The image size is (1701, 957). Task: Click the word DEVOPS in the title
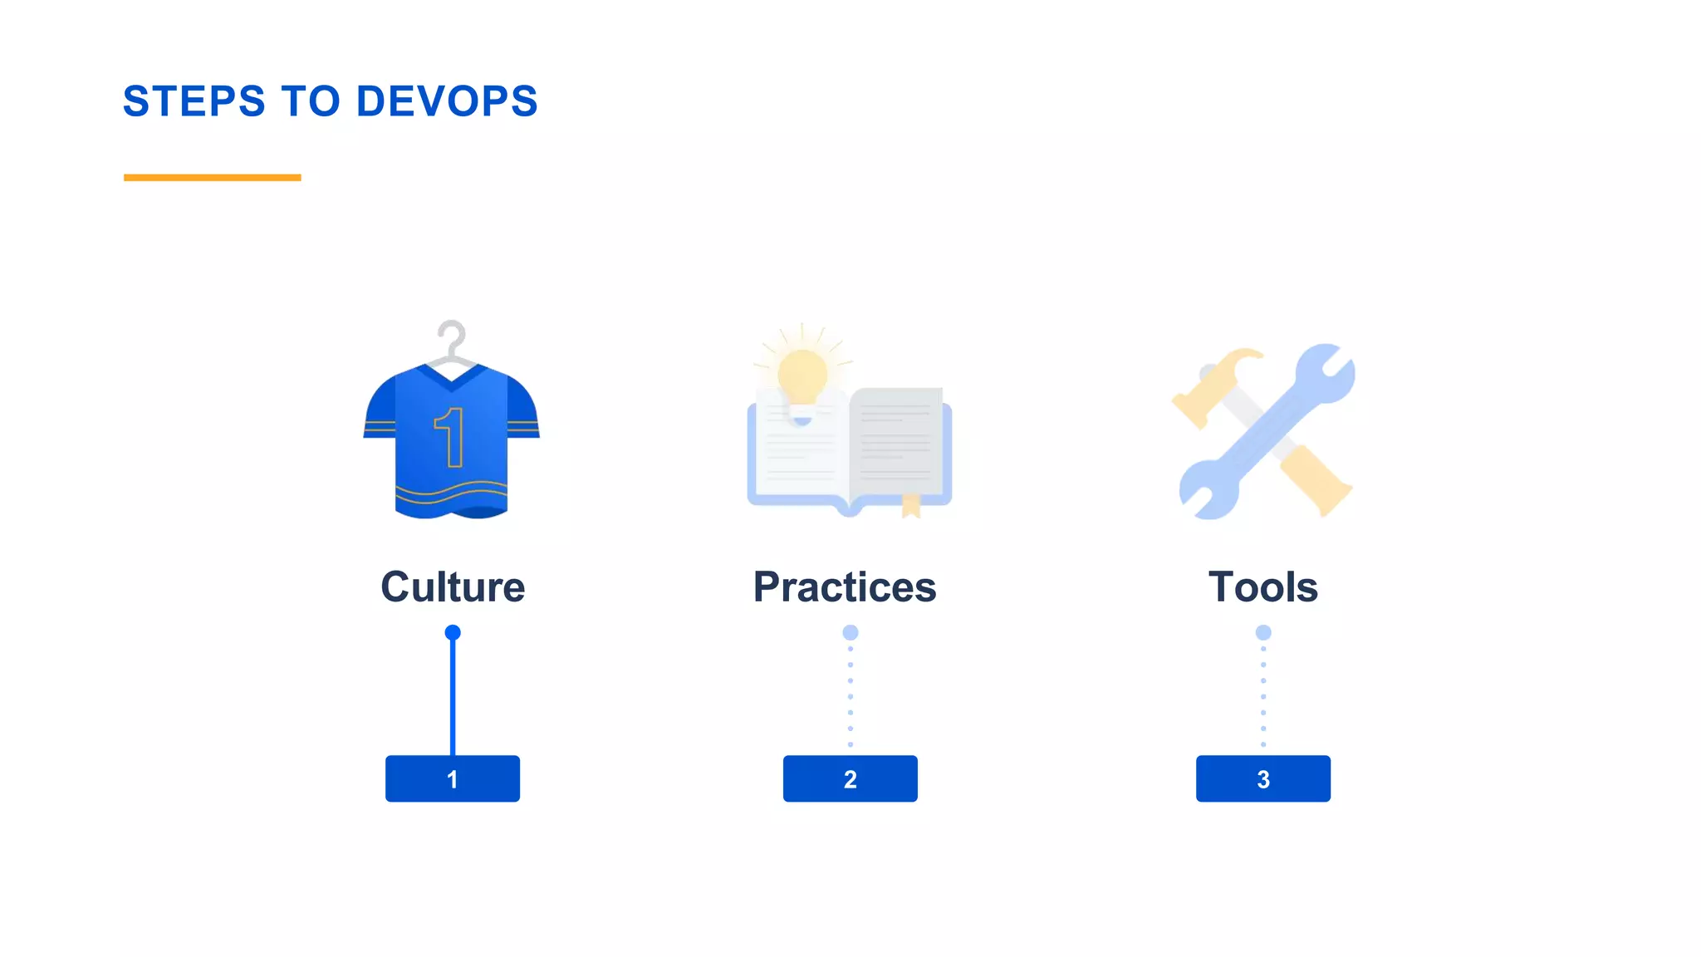[447, 101]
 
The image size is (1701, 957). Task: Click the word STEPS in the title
[194, 101]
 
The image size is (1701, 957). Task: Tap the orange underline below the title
[212, 177]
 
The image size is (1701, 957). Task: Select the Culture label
[453, 587]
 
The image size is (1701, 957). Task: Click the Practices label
[845, 587]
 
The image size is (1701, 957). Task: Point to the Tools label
[1262, 587]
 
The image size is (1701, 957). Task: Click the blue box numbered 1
[453, 778]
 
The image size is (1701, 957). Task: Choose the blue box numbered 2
[850, 778]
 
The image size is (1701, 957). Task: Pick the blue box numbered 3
[1262, 778]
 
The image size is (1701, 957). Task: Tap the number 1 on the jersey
[450, 436]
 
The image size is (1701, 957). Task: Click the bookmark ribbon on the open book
[911, 504]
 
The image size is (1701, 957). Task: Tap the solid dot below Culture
[453, 633]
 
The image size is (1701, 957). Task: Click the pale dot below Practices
[850, 633]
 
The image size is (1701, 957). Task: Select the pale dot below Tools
[1262, 633]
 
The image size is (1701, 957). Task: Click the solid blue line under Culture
[453, 698]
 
